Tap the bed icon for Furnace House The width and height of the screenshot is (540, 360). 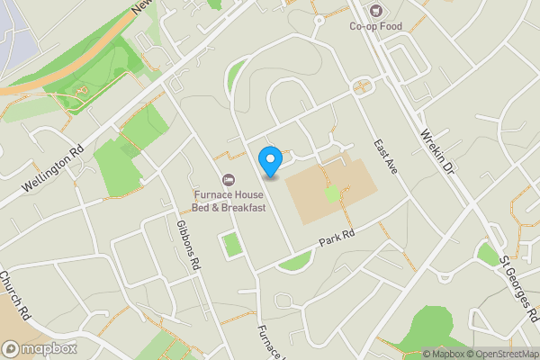[229, 179]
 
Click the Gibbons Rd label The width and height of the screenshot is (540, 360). [193, 238]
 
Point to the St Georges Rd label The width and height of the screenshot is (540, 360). [519, 290]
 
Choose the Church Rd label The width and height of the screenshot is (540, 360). [16, 296]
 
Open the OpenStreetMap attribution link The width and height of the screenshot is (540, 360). [502, 353]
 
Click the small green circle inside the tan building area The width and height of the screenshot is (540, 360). [333, 193]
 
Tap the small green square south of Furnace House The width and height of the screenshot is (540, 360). [232, 244]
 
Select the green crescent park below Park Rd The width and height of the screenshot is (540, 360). [294, 262]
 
